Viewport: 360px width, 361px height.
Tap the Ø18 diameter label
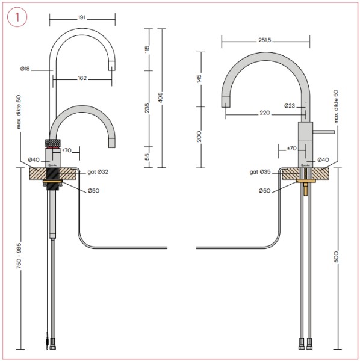click(25, 70)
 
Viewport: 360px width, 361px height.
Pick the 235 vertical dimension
click(147, 107)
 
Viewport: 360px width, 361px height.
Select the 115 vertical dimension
click(147, 49)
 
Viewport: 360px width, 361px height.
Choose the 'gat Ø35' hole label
click(260, 172)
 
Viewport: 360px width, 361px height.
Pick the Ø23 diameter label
click(290, 106)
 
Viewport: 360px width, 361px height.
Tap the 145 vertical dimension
click(199, 79)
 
